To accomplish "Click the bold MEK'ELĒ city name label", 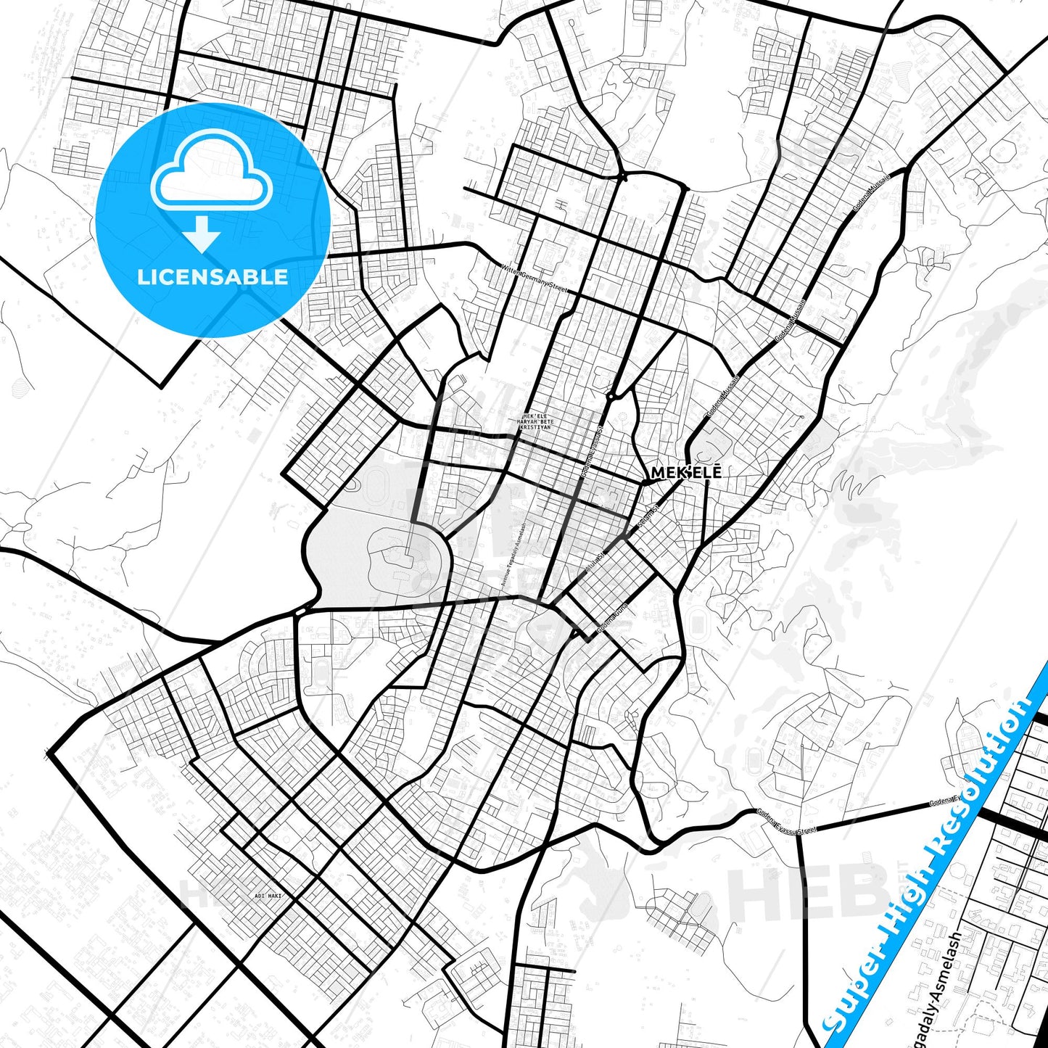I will tap(686, 473).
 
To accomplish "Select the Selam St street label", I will tap(647, 516).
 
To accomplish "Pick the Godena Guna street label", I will tap(611, 619).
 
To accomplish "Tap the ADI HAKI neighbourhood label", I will tap(268, 896).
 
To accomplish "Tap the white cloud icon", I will tap(211, 172).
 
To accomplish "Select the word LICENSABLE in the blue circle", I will tap(213, 276).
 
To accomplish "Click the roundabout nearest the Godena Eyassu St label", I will tap(612, 396).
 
